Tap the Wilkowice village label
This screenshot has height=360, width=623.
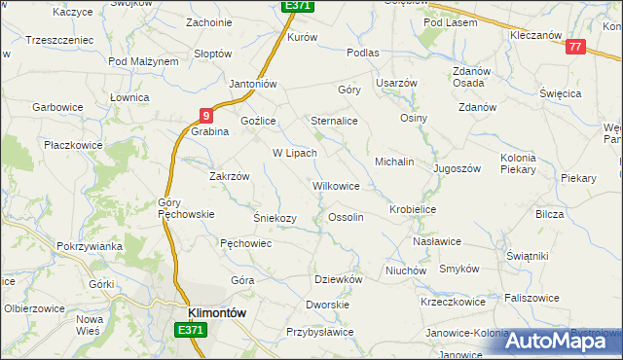click(x=336, y=185)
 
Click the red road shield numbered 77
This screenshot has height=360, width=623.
click(x=575, y=47)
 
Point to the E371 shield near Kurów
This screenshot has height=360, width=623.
click(x=297, y=6)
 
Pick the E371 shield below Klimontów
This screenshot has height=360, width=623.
click(x=192, y=331)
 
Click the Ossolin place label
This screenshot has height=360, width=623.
click(x=347, y=217)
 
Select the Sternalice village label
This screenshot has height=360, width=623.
click(x=334, y=121)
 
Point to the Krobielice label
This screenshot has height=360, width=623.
click(x=413, y=209)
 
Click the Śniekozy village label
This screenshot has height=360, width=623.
click(x=275, y=218)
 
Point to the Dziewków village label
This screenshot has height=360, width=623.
click(x=339, y=278)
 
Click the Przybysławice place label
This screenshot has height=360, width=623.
click(x=319, y=332)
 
